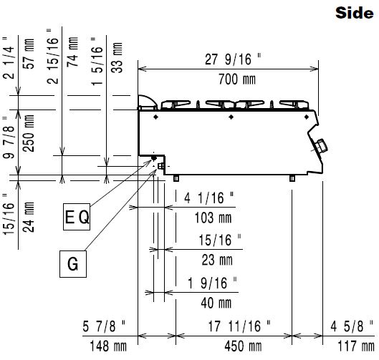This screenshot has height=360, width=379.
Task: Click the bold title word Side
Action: coord(355,13)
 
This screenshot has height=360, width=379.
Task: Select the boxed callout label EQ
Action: coord(77,217)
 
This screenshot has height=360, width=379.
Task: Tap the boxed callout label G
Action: coord(73,264)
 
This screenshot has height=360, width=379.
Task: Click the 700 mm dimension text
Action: coord(237,79)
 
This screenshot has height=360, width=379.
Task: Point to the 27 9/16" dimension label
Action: coord(233,59)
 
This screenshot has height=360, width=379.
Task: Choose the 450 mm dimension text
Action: coord(243,346)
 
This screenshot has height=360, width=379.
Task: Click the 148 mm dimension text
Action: coord(108,346)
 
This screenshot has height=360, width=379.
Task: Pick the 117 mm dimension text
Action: coord(356,346)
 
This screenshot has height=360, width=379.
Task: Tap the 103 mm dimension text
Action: coord(213,218)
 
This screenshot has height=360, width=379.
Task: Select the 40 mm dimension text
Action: coord(216,303)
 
